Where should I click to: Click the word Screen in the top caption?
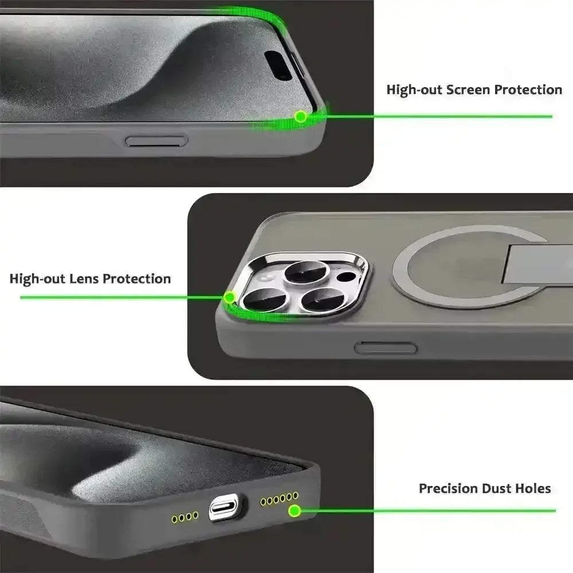point(469,90)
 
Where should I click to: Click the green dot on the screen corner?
point(300,116)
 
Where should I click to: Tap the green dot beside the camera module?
point(230,297)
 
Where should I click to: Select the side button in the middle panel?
point(379,347)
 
